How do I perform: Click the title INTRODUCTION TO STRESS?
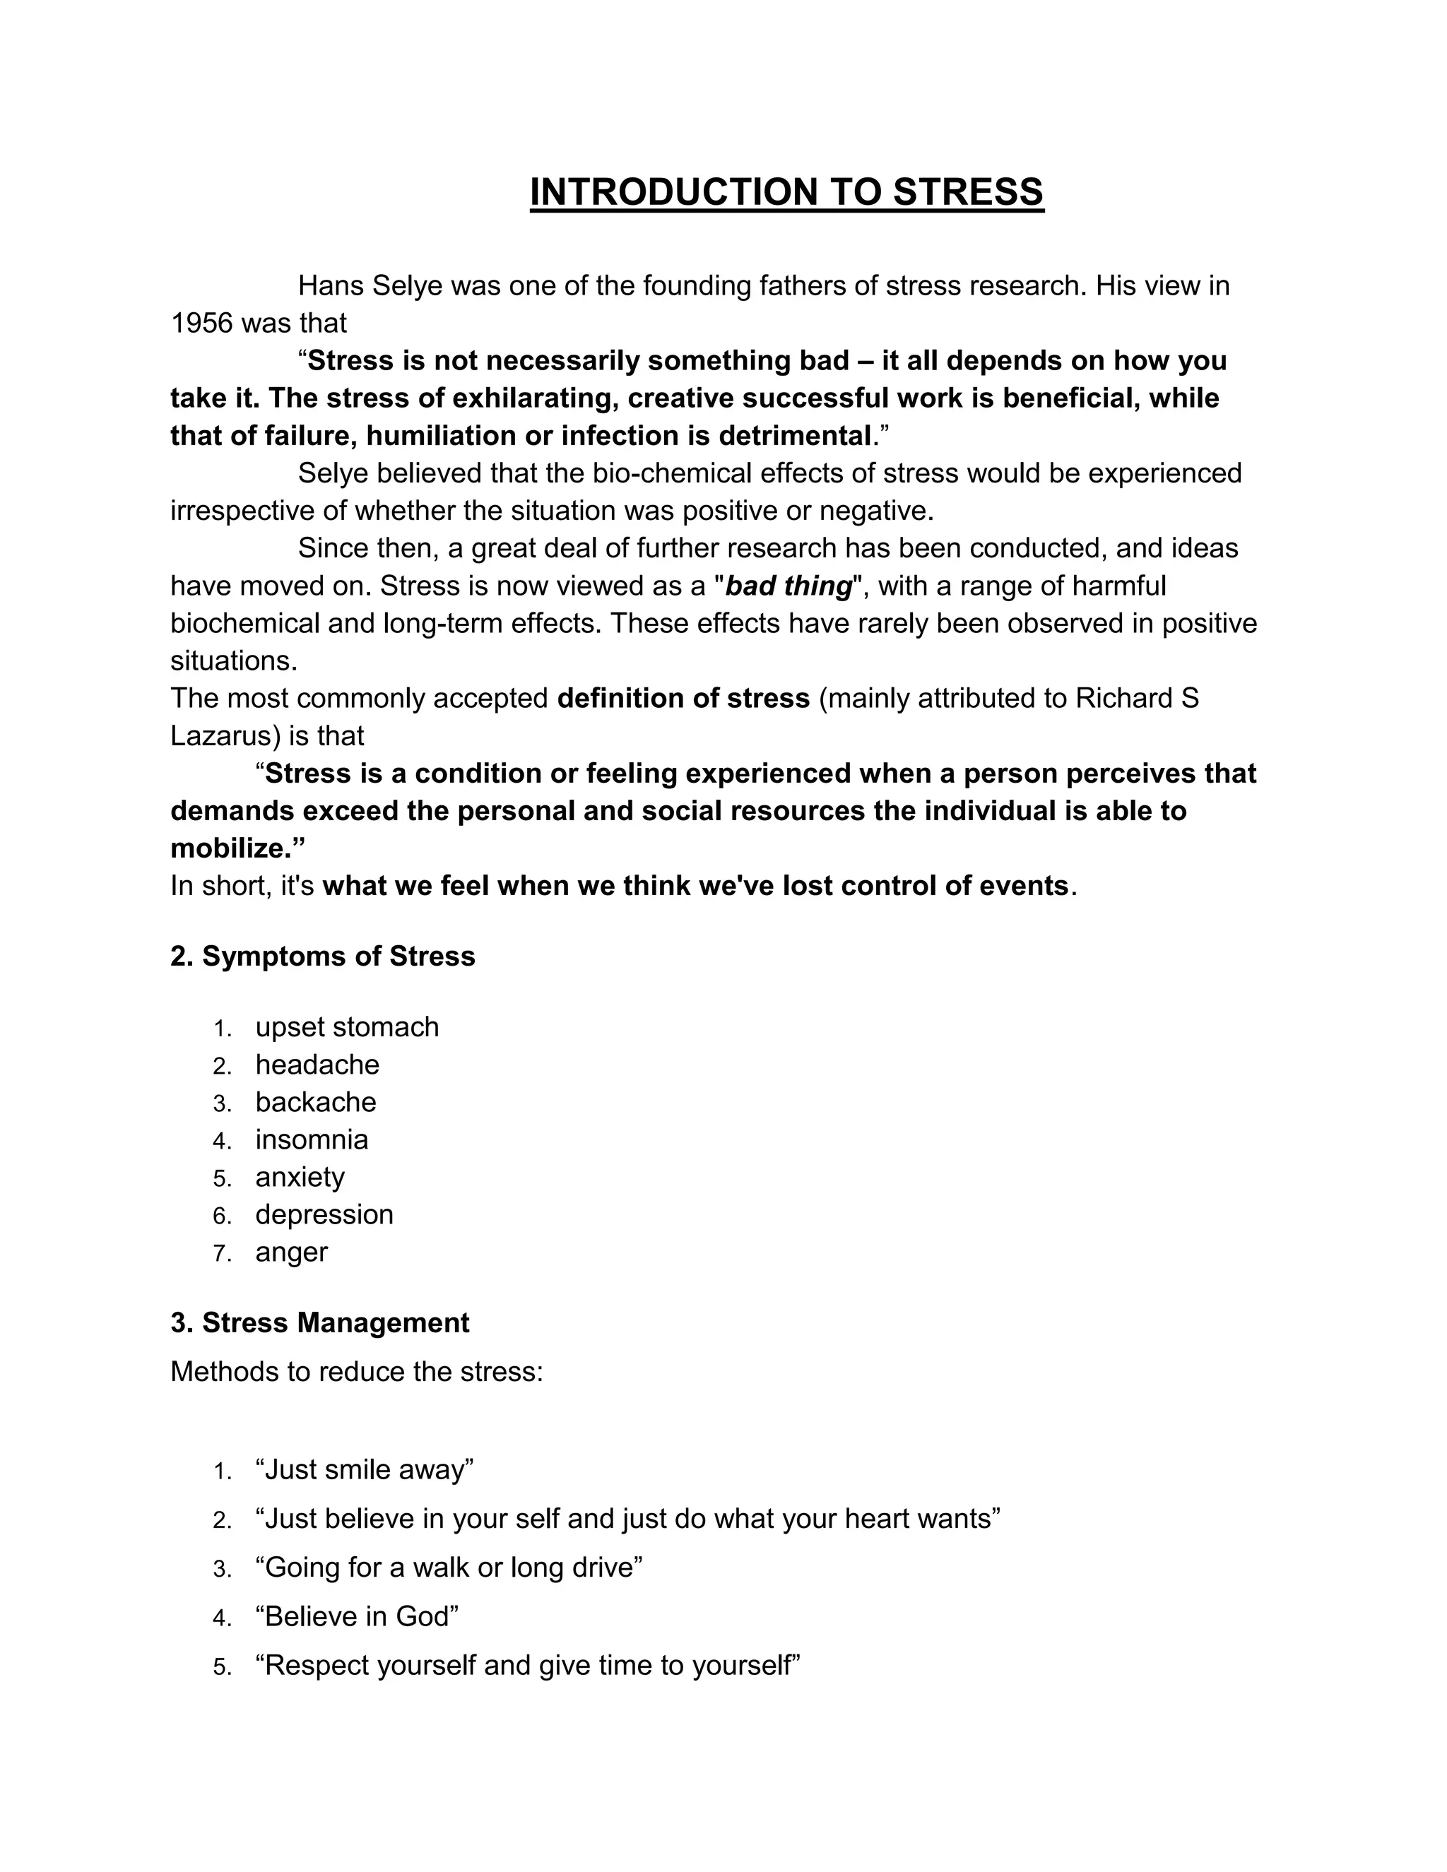point(786,192)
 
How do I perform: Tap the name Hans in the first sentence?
point(331,285)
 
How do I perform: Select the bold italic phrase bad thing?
point(789,586)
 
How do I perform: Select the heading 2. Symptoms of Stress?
point(322,956)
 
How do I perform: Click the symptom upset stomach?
point(346,1027)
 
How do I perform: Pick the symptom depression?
point(324,1214)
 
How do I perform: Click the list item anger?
point(292,1252)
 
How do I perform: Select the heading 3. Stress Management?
point(320,1322)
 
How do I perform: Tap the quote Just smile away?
point(365,1469)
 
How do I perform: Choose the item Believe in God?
point(357,1616)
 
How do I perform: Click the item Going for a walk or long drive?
point(449,1567)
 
